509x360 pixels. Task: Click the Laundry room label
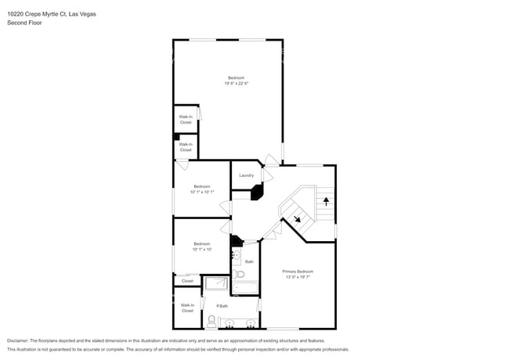coord(246,175)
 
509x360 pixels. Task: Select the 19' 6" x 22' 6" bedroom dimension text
coord(236,84)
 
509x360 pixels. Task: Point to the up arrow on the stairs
coord(325,201)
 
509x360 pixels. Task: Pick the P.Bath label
coord(222,305)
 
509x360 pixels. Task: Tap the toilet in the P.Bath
coord(211,320)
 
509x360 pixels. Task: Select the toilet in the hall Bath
coord(240,274)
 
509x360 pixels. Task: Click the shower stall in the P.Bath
coord(215,283)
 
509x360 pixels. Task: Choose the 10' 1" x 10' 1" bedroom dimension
coord(201,192)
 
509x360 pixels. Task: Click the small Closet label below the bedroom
coord(187,280)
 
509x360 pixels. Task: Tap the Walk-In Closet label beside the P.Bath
coord(187,308)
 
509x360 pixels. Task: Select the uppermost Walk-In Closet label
coord(186,120)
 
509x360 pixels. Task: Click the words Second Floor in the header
coord(24,23)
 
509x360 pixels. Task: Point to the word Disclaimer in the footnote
coord(16,341)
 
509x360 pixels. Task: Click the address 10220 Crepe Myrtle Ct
coord(36,14)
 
